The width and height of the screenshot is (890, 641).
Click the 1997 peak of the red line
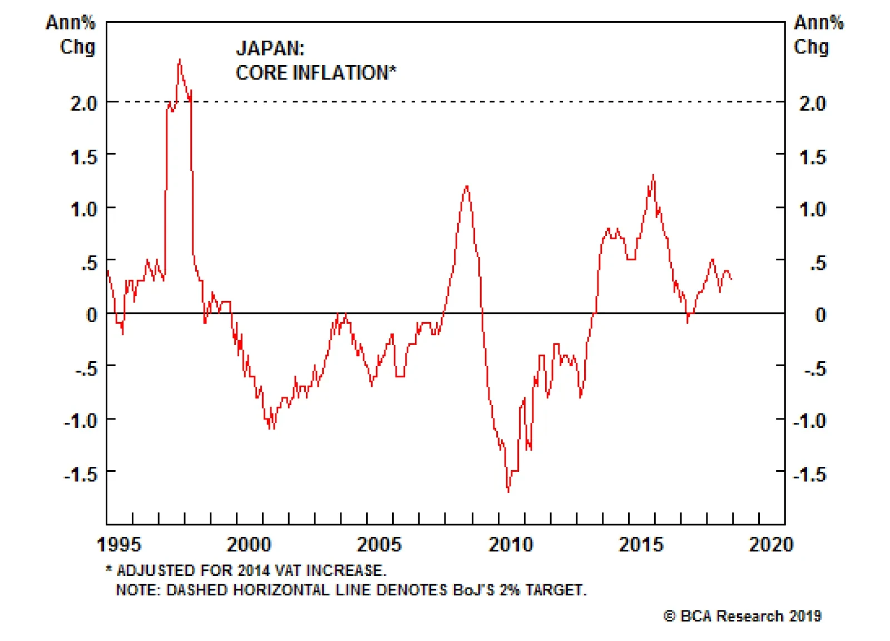point(179,60)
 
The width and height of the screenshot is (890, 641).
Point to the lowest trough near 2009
point(508,491)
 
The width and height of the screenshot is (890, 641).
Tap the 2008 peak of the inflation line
point(466,186)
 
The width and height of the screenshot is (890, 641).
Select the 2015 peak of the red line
point(653,176)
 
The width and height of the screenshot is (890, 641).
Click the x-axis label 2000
point(249,544)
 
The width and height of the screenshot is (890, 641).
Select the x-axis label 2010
point(510,544)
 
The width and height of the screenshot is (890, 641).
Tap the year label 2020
point(770,544)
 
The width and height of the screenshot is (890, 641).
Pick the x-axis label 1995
point(118,544)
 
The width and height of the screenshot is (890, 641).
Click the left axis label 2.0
point(83,103)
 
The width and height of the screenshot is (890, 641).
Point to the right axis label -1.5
point(809,475)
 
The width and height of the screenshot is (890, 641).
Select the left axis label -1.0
point(81,421)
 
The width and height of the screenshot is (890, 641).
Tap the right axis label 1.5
point(813,157)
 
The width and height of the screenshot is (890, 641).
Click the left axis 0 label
point(92,315)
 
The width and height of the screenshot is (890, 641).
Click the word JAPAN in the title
point(269,48)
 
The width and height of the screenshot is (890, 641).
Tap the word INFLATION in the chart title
point(345,73)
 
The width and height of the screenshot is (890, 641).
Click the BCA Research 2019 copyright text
point(743,616)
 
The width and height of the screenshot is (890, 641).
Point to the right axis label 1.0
point(813,210)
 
